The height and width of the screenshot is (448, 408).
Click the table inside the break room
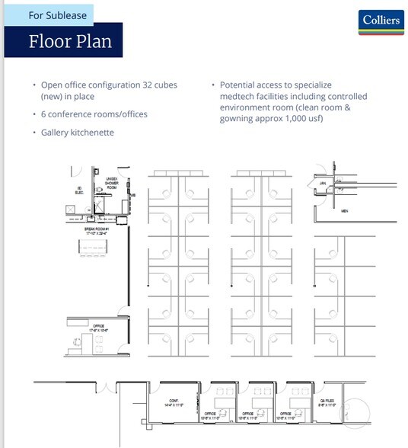pos(96,250)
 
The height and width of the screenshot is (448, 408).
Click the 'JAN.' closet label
pos(322,184)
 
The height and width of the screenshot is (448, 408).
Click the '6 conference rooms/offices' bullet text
pos(94,114)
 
